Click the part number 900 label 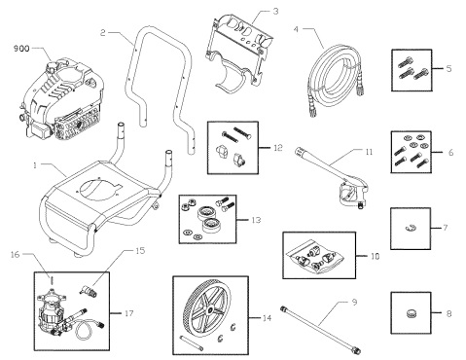21,49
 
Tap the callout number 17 128,313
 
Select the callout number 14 267,318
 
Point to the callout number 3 275,12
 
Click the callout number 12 278,148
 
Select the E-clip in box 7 411,228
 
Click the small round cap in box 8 411,313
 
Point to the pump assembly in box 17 54,311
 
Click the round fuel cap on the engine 52,66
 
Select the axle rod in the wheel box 192,342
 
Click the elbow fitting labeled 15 88,290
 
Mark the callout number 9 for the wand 354,303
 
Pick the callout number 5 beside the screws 448,69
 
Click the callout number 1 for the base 35,165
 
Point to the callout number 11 369,152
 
